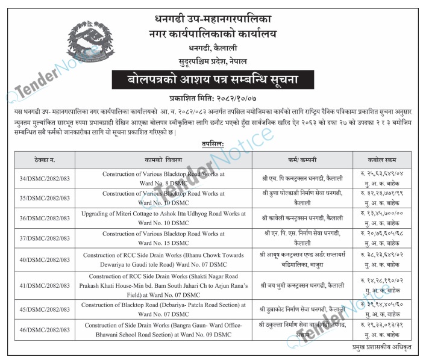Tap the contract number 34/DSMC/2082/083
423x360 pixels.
[45, 178]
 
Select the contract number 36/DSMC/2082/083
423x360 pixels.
[45, 217]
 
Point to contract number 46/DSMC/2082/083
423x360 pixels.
[45, 329]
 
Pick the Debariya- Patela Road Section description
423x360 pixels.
[163, 309]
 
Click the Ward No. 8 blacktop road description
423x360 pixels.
[163, 178]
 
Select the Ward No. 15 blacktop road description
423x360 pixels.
[163, 237]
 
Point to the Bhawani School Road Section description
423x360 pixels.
[163, 329]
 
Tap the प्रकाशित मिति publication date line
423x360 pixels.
[211, 98]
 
